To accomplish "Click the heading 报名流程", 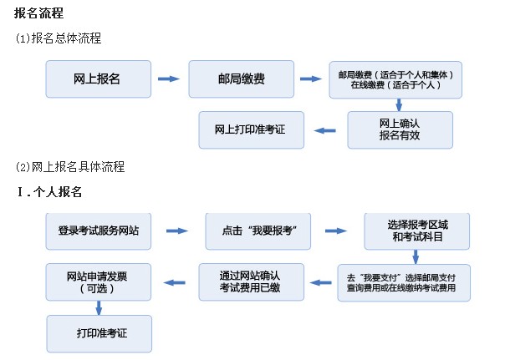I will tap(39, 13).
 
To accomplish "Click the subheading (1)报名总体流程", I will tap(59, 38).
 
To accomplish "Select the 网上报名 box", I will tap(98, 79).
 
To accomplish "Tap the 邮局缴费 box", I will tap(241, 79).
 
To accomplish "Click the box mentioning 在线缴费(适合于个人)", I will tap(395, 79).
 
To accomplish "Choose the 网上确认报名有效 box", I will tap(400, 129).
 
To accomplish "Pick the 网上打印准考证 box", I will tap(250, 129).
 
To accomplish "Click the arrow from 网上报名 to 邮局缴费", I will tap(169, 79).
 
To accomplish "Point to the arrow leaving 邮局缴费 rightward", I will tap(311, 79).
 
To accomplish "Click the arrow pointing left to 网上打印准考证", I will tap(324, 129).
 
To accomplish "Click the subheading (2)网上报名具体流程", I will tap(69, 166).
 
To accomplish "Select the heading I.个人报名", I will tap(49, 192).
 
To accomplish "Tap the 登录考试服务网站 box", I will tap(98, 230).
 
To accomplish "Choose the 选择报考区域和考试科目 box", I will tap(416, 231).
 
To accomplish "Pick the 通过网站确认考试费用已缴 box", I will tap(249, 281).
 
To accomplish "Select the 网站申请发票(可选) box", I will tap(98, 281).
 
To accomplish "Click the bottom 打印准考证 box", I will tap(98, 332).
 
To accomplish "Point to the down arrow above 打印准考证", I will tap(98, 307).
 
